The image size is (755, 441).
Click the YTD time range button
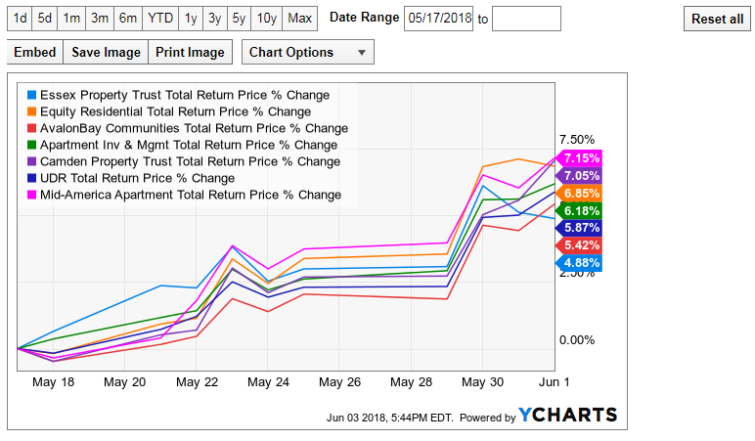(160, 19)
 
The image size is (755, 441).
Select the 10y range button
(267, 19)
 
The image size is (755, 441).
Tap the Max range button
(300, 19)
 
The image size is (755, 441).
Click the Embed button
(35, 52)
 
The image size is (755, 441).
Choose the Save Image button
(106, 52)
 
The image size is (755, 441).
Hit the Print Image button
(190, 52)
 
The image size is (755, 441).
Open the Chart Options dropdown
(308, 52)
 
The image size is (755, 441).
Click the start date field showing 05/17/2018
(439, 19)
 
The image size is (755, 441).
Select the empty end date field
(526, 19)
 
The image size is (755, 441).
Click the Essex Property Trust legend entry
(179, 95)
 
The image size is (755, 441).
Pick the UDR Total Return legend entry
(131, 178)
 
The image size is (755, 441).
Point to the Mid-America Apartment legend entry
(185, 195)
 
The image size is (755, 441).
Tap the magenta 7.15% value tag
(579, 157)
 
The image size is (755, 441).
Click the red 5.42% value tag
(579, 245)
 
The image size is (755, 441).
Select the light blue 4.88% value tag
(579, 263)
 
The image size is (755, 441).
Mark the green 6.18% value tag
(579, 210)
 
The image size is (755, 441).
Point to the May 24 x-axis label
(268, 382)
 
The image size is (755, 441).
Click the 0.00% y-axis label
(577, 340)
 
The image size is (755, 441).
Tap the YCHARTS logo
(567, 415)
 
